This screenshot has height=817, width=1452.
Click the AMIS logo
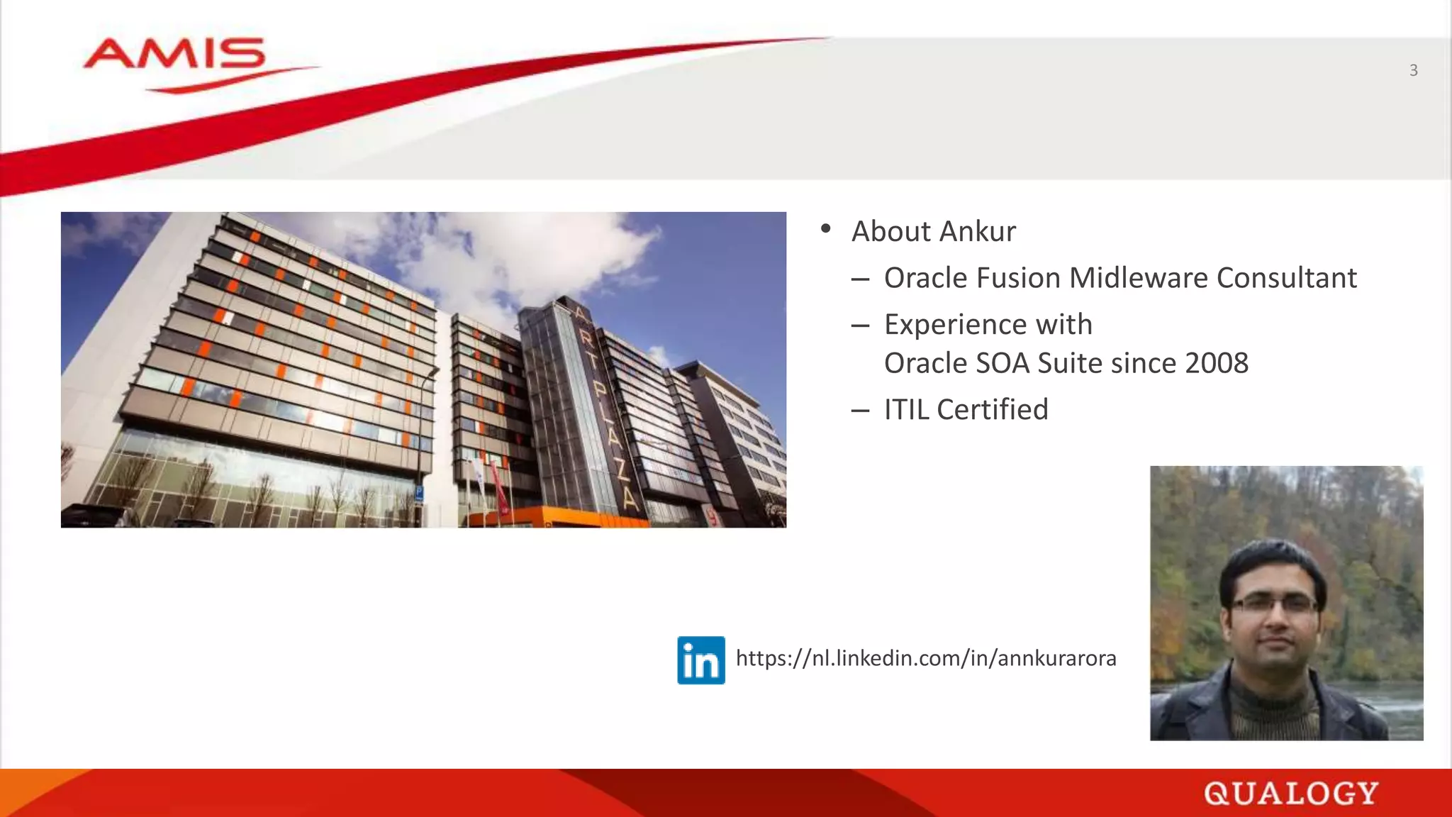pyautogui.click(x=174, y=57)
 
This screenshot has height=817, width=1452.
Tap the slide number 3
pyautogui.click(x=1413, y=70)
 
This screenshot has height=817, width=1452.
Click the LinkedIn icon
pyautogui.click(x=700, y=660)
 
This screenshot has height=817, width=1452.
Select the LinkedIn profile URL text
pyautogui.click(x=925, y=658)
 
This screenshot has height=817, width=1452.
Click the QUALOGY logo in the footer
pyautogui.click(x=1290, y=793)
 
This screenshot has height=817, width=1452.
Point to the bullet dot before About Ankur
pyautogui.click(x=825, y=228)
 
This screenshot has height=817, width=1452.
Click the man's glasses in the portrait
pyautogui.click(x=1275, y=604)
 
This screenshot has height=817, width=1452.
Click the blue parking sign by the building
pyautogui.click(x=419, y=491)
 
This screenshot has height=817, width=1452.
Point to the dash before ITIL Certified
pyautogui.click(x=860, y=411)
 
